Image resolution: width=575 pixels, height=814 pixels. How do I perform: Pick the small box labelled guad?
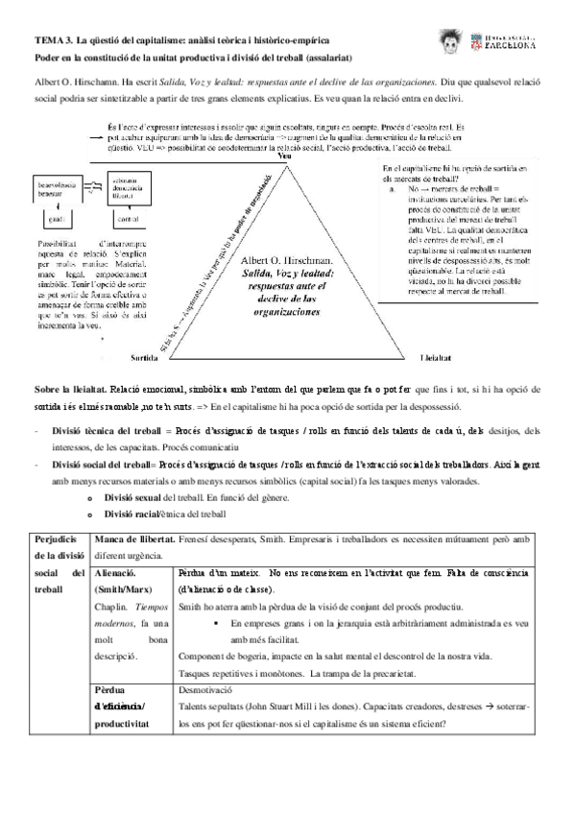click(x=55, y=218)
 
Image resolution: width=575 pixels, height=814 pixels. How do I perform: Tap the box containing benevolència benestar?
click(x=57, y=188)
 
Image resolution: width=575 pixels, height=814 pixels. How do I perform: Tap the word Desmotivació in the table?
click(x=207, y=689)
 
